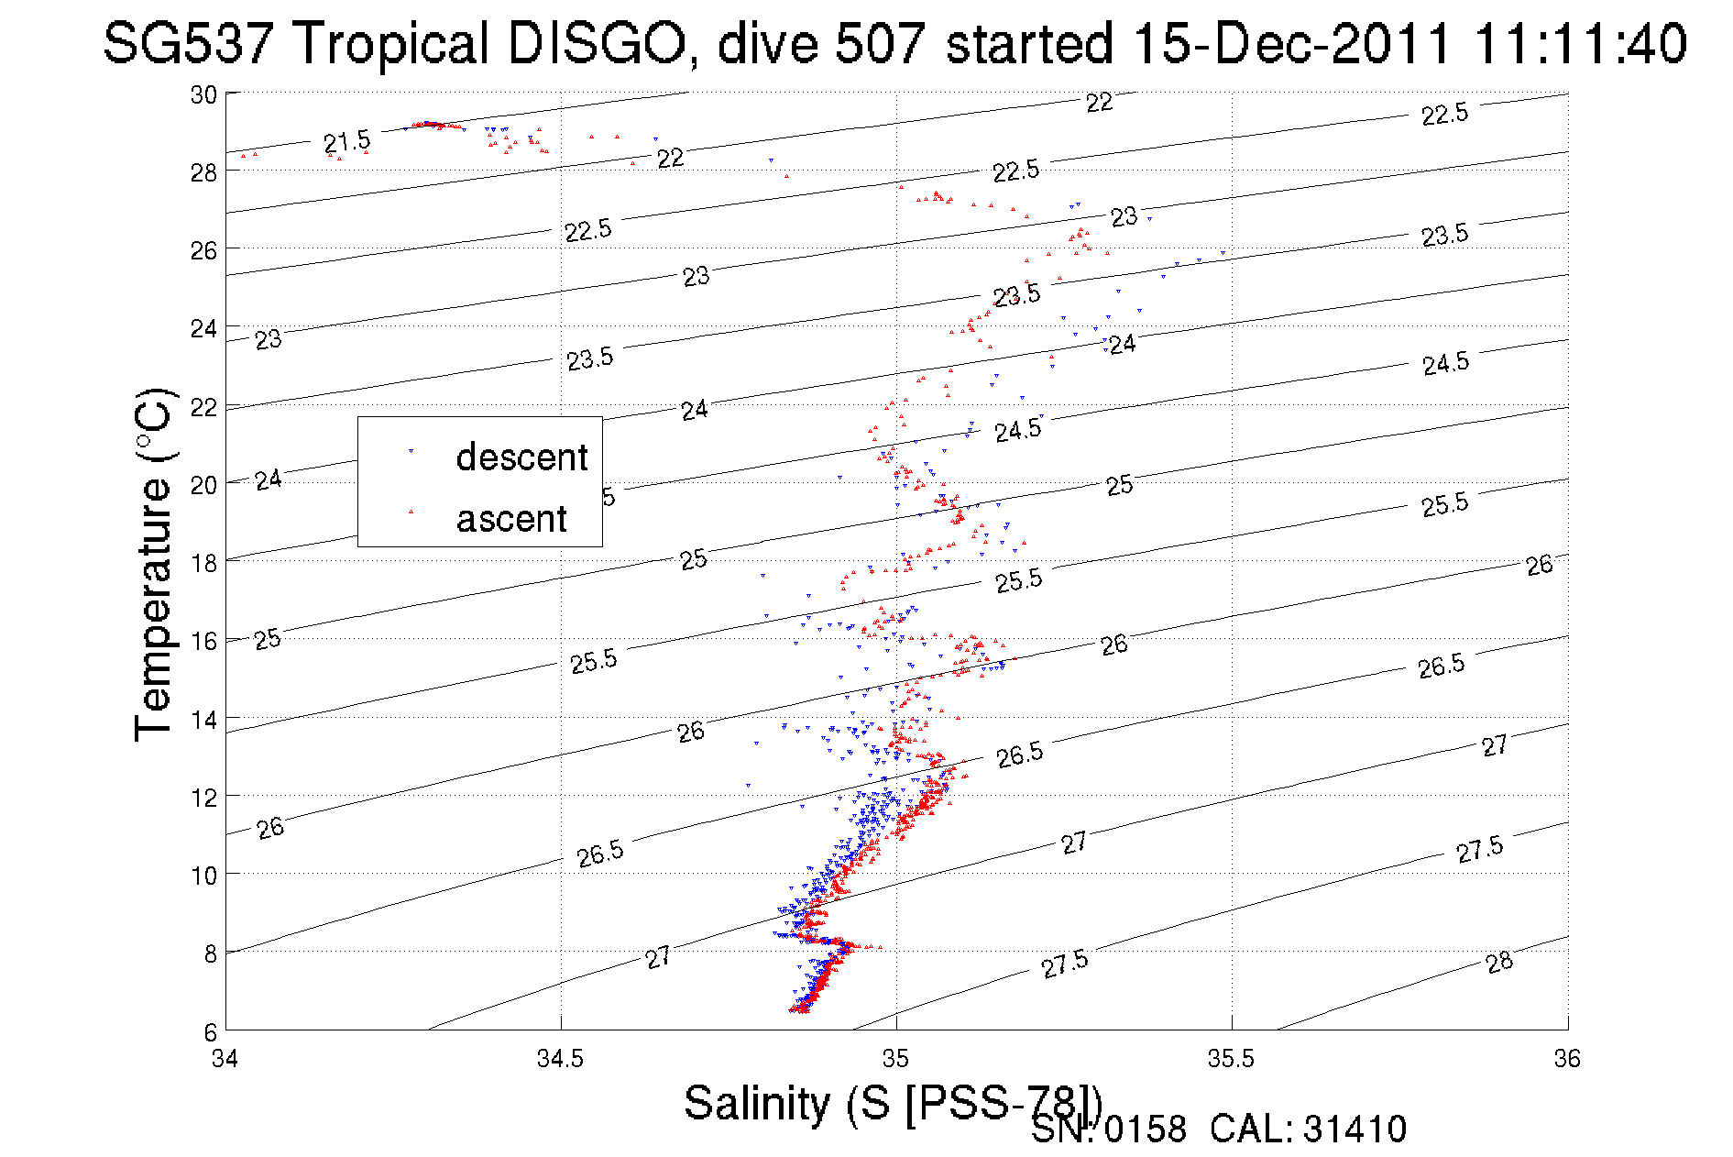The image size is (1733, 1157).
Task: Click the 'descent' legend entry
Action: click(x=521, y=457)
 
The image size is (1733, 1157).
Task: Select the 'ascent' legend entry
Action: click(x=511, y=519)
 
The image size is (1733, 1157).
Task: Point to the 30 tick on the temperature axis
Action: click(x=203, y=94)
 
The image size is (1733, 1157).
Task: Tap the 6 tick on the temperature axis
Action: click(x=210, y=1031)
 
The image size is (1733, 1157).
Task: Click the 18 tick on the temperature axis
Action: click(x=203, y=563)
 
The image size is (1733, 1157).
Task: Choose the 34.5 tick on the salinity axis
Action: click(x=560, y=1059)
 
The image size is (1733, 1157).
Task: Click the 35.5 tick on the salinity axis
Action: click(x=1231, y=1059)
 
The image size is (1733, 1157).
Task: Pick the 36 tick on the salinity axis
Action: click(x=1567, y=1059)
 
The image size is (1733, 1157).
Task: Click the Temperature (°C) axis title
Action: click(x=154, y=564)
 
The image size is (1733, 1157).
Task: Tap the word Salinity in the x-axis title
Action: click(x=756, y=1103)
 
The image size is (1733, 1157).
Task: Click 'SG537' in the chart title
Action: click(x=187, y=44)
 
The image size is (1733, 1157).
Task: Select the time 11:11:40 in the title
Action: click(x=1580, y=44)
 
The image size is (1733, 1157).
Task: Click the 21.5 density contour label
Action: click(x=346, y=142)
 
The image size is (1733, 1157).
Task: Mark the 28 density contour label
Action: click(x=1499, y=963)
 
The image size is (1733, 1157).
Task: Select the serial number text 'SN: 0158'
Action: click(x=1108, y=1129)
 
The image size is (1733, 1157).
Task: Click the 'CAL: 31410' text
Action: click(x=1308, y=1129)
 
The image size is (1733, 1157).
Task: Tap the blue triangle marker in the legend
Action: click(x=411, y=451)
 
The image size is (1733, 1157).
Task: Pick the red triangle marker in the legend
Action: click(x=411, y=512)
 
